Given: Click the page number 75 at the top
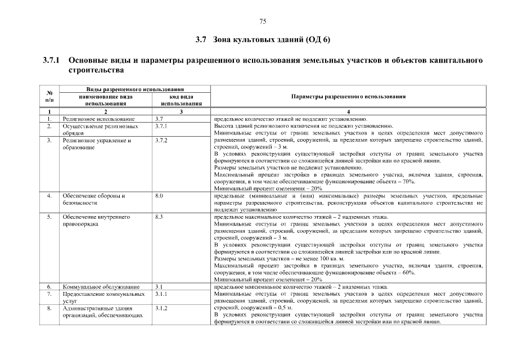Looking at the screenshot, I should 262,22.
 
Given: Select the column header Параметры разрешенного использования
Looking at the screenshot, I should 348,97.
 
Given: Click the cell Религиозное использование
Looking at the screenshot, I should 98,119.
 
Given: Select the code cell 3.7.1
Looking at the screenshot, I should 161,127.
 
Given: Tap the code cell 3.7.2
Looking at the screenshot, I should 161,141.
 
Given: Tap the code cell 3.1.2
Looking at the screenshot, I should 161,308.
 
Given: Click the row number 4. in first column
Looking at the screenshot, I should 49,196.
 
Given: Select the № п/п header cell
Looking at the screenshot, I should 49,97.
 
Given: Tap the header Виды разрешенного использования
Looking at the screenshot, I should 135,89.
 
